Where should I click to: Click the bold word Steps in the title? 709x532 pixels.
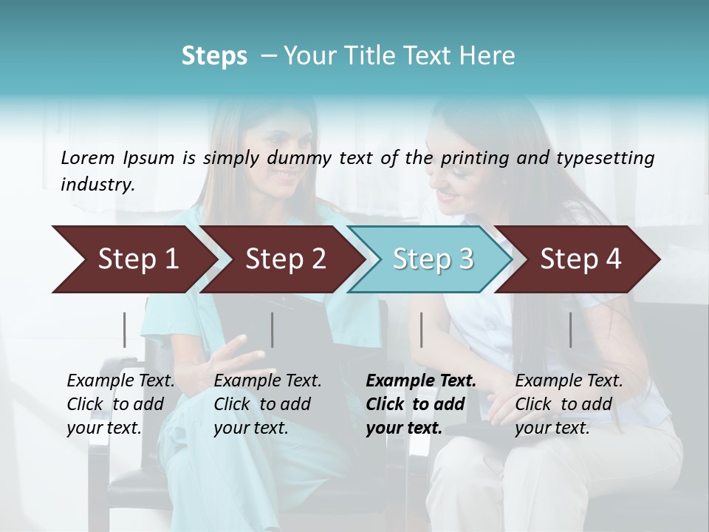[214, 56]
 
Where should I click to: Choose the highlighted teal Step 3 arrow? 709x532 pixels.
[433, 259]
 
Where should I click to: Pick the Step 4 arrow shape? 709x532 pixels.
[580, 259]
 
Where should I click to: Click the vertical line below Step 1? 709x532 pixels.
[125, 330]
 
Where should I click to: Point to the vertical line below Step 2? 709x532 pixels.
[273, 330]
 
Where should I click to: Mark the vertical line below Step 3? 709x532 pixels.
[422, 330]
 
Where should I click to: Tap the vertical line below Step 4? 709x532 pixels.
[571, 330]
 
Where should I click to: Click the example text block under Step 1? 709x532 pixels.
[120, 404]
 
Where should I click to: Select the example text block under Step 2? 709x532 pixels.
[267, 404]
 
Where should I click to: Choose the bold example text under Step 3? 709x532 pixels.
[420, 404]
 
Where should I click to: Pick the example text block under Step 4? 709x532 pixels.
[569, 404]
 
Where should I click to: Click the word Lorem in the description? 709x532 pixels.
[88, 157]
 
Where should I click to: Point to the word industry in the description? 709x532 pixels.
[97, 185]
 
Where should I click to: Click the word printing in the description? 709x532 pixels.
[473, 157]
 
